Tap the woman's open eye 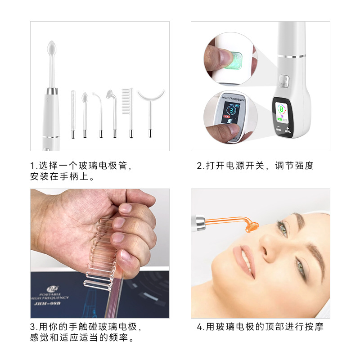tap(282, 229)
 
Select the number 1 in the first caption tap(32, 166)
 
